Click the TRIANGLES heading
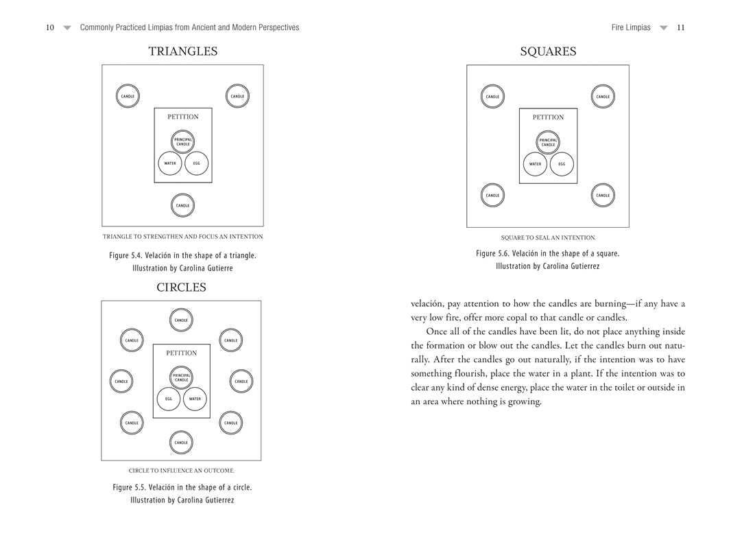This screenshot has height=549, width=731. [x=183, y=51]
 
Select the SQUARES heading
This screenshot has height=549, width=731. [x=548, y=51]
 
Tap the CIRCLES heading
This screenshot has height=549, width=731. [x=181, y=288]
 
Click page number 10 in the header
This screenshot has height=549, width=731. [x=50, y=27]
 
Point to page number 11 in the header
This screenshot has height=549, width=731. [x=680, y=27]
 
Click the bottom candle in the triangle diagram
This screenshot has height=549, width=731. [x=182, y=205]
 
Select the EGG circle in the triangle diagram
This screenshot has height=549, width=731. [x=196, y=163]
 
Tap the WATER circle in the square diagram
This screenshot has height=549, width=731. [x=535, y=164]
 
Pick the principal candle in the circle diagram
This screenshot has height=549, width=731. [x=181, y=377]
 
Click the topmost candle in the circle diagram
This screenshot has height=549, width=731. [x=181, y=320]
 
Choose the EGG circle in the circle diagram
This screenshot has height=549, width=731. [x=168, y=399]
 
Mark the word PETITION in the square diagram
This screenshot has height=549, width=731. [x=548, y=117]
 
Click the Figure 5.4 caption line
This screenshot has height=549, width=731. [x=182, y=255]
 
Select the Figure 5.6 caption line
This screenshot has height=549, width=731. [x=547, y=253]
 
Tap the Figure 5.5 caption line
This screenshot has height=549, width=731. [x=182, y=487]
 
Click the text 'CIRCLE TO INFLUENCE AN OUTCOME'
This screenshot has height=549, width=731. [x=181, y=471]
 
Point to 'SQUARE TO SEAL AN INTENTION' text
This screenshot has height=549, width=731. [x=548, y=238]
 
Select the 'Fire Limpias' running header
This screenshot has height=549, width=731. [x=631, y=27]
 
